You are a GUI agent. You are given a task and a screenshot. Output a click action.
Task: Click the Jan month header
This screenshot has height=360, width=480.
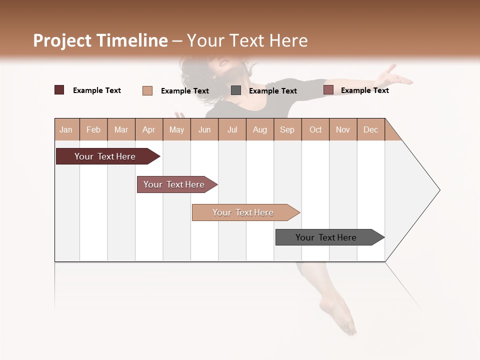pyautogui.click(x=66, y=129)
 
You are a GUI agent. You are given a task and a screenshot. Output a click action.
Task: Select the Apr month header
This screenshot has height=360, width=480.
pyautogui.click(x=149, y=129)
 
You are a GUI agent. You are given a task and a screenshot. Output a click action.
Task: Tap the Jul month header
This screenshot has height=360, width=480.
pyautogui.click(x=232, y=129)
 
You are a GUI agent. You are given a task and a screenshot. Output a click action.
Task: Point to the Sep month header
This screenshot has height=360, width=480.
pyautogui.click(x=287, y=129)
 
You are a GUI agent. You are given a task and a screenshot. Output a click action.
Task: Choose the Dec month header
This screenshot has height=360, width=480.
pyautogui.click(x=371, y=129)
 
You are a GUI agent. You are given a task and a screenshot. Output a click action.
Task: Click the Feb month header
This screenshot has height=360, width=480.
pyautogui.click(x=93, y=129)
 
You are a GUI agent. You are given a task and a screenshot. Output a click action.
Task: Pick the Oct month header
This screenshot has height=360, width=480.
pyautogui.click(x=315, y=129)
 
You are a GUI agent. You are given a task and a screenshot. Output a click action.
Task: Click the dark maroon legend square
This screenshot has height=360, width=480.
pyautogui.click(x=59, y=90)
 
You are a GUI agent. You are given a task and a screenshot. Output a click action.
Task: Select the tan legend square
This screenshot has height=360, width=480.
pyautogui.click(x=147, y=90)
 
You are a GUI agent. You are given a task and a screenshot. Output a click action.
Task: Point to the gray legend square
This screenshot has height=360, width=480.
pyautogui.click(x=236, y=90)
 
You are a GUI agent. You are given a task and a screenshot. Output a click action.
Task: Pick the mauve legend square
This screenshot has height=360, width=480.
pyautogui.click(x=328, y=90)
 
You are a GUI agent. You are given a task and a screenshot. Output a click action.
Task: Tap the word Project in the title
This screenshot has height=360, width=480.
pyautogui.click(x=62, y=40)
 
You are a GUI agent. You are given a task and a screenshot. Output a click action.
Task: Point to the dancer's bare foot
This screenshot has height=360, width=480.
pyautogui.click(x=340, y=315)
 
